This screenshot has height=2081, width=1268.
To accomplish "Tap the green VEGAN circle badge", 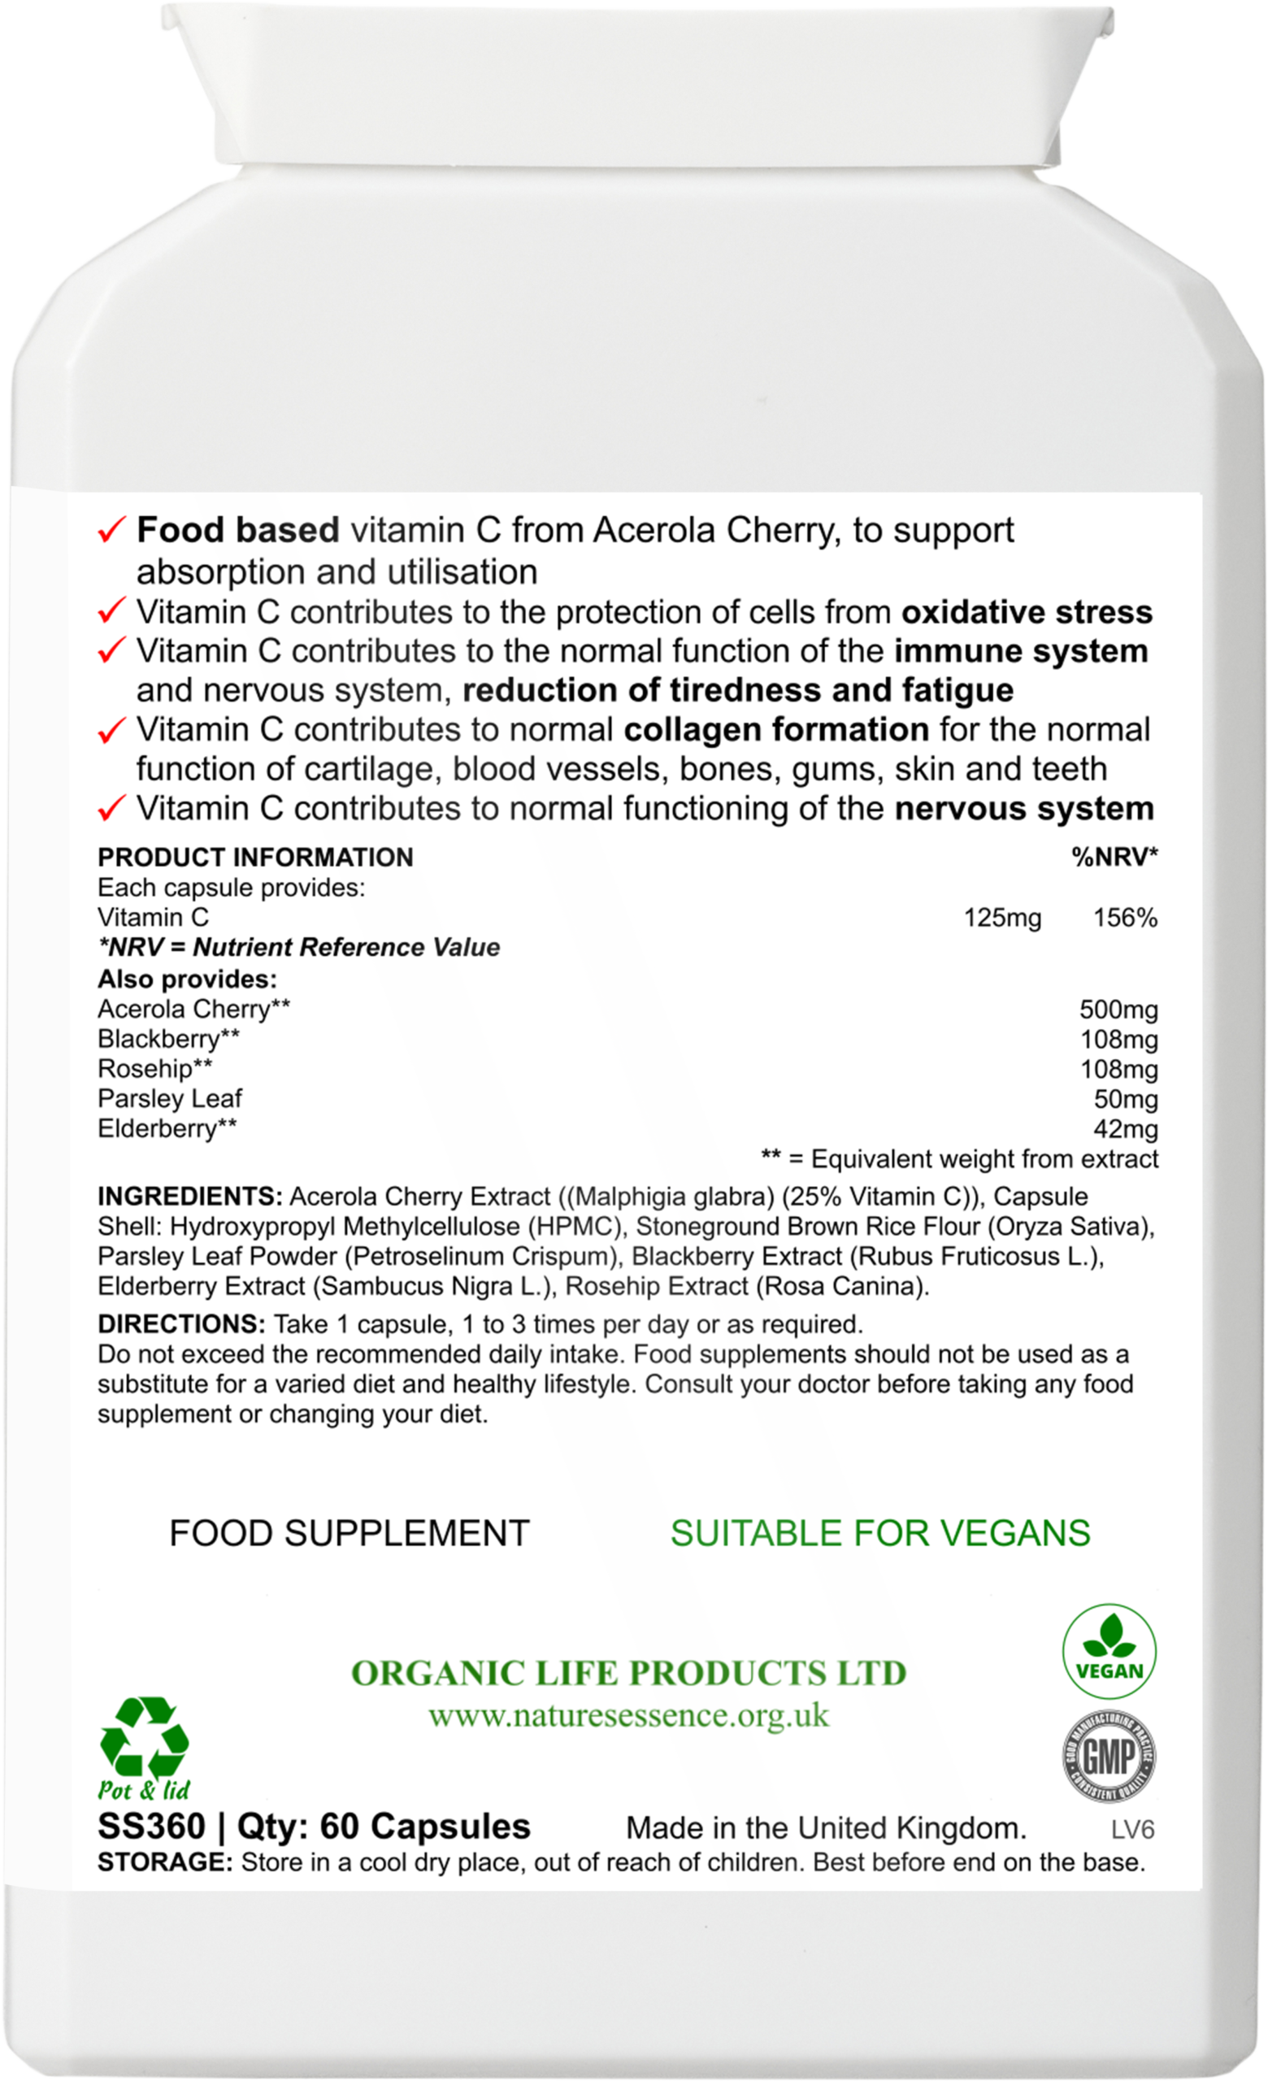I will [1109, 1653].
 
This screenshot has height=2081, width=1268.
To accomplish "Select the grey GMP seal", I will [1109, 1757].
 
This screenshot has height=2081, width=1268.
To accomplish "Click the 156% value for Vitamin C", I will [1124, 918].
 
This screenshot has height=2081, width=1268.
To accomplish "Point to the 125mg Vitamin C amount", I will [1002, 918].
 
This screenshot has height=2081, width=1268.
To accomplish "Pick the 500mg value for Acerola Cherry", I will [1118, 1010].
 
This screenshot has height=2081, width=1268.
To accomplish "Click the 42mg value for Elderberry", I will [1124, 1129].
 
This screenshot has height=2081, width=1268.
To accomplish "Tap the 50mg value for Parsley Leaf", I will [1124, 1099].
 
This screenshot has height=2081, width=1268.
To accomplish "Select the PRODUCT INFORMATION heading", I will [255, 858].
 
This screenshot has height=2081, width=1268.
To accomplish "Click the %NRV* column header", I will [1114, 858].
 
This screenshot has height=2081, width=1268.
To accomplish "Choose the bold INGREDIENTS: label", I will [190, 1197].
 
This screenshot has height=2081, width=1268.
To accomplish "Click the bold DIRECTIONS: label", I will [181, 1323].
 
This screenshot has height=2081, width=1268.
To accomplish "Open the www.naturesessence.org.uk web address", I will [628, 1716].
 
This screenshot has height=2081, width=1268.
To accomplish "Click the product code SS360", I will [151, 1827].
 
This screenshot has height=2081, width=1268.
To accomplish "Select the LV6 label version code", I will [1132, 1829].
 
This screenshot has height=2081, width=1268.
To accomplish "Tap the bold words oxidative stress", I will [1027, 611].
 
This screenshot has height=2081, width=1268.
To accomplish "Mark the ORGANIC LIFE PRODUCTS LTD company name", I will [628, 1673].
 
